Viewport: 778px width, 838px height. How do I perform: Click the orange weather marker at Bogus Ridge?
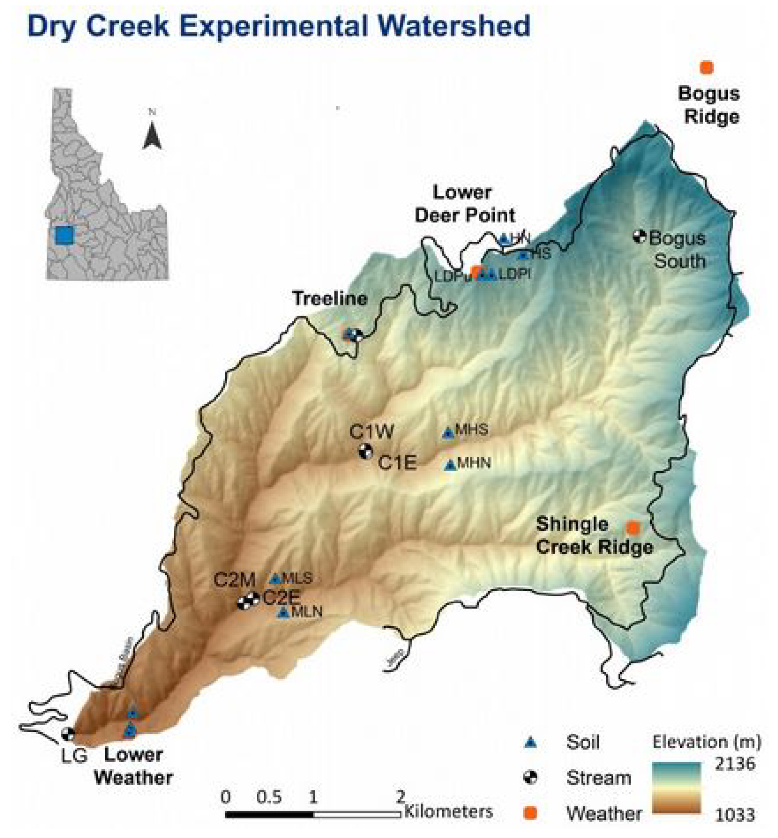[707, 67]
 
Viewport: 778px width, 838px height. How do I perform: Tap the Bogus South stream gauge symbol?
[640, 236]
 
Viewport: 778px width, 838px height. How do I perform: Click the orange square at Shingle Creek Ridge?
[633, 527]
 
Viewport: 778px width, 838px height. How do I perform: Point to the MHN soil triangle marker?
[451, 465]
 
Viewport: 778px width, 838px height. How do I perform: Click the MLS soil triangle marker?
[275, 579]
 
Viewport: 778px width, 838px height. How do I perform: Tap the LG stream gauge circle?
[68, 734]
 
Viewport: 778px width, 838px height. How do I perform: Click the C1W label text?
[372, 431]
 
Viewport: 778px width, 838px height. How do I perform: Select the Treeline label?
[330, 299]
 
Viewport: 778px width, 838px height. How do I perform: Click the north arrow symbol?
[152, 135]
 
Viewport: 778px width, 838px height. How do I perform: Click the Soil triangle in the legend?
[531, 743]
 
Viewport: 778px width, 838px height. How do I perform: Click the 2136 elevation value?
[734, 763]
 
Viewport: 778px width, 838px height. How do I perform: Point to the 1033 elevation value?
[734, 815]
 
